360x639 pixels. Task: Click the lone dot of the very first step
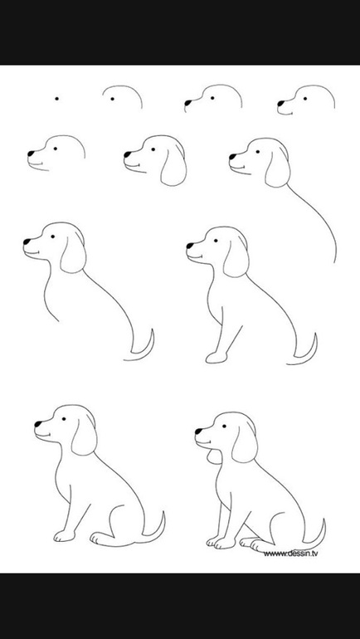[56, 99]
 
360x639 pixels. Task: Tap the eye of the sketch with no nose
[112, 99]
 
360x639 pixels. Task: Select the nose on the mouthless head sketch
[187, 103]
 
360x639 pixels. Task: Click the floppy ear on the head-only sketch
[174, 166]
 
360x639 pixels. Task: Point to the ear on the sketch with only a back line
[278, 168]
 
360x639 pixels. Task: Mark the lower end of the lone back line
[335, 262]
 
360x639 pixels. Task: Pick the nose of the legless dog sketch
[27, 241]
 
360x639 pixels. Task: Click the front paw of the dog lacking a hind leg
[216, 358]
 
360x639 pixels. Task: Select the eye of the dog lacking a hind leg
[216, 241]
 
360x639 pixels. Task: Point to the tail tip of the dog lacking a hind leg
[315, 334]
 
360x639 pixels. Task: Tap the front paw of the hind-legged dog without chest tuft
[64, 536]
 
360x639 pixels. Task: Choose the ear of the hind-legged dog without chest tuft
[85, 436]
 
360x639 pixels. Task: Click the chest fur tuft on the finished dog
[214, 456]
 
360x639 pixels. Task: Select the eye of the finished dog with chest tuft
[224, 427]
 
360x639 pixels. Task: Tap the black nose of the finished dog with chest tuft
[198, 432]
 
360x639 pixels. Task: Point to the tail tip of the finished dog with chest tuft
[324, 519]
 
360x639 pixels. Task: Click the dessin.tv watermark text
[290, 553]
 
